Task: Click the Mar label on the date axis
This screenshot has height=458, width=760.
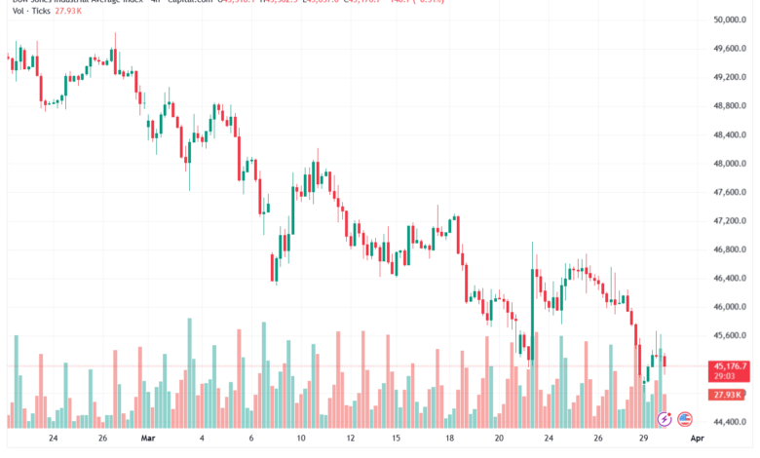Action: (x=149, y=439)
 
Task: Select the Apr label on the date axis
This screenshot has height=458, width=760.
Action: (x=697, y=439)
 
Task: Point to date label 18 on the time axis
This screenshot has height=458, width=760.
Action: (x=448, y=439)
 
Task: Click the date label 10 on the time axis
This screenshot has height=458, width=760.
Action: (x=301, y=439)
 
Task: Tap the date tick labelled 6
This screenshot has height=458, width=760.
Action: (x=250, y=439)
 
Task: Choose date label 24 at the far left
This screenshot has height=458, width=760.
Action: (x=53, y=439)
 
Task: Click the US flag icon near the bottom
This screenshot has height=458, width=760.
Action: (x=685, y=419)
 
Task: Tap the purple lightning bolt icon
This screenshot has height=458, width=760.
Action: (x=665, y=419)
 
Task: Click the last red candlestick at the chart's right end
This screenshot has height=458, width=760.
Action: (x=665, y=363)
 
